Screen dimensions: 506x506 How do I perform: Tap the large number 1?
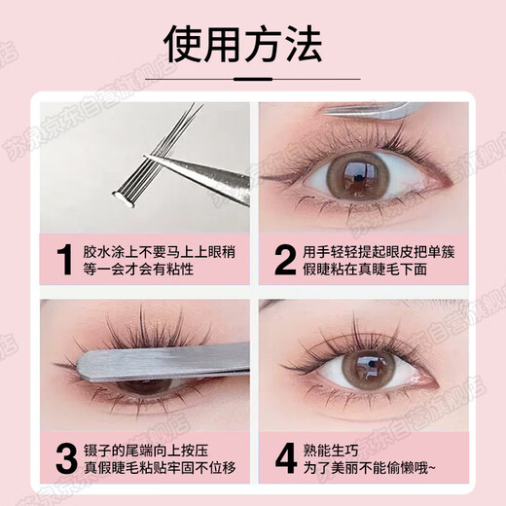click(65, 260)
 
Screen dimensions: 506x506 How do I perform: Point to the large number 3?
click(65, 454)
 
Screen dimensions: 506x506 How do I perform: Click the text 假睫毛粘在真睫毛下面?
click(370, 271)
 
